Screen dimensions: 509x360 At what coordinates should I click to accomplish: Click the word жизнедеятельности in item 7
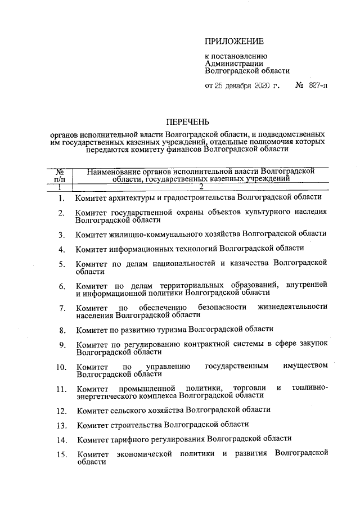coord(292,307)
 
